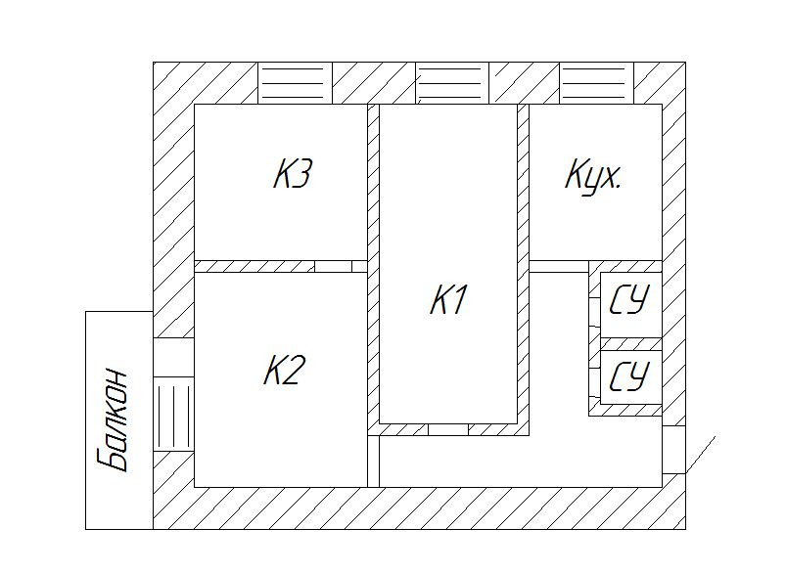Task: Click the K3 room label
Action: (293, 176)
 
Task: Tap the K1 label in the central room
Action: (448, 300)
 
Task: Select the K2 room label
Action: (286, 371)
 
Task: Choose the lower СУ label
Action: (629, 376)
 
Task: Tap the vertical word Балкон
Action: (116, 419)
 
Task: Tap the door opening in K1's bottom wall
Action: (448, 428)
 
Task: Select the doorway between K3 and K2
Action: (333, 266)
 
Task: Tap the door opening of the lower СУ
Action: (594, 375)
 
